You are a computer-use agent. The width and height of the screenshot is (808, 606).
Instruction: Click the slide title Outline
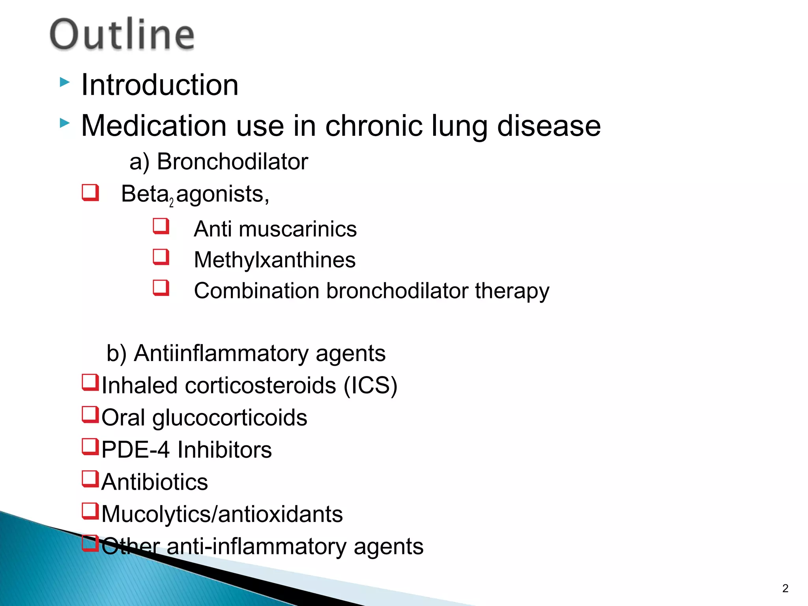[122, 34]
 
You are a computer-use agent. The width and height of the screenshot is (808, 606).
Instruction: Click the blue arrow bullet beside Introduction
[65, 82]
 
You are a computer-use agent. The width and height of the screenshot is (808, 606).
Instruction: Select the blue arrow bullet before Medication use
[65, 123]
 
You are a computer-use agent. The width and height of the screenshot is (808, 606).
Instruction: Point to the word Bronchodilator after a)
[232, 162]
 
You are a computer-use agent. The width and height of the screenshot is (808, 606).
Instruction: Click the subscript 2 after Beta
[171, 203]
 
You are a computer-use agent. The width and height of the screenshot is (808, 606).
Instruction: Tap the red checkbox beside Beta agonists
[90, 193]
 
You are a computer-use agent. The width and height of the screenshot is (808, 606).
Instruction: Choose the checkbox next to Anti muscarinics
[161, 226]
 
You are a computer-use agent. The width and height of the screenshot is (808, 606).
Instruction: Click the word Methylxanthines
[275, 260]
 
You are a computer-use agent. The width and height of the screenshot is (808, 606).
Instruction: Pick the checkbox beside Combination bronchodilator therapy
[161, 288]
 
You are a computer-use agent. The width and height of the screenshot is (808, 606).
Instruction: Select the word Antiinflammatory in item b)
[221, 353]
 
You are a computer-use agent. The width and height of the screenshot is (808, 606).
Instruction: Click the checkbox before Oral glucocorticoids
[90, 415]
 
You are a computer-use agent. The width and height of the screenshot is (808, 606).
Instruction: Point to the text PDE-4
[135, 450]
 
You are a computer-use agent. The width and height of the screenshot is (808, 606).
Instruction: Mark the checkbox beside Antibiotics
[90, 479]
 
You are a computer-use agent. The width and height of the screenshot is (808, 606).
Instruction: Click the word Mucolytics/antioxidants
[222, 514]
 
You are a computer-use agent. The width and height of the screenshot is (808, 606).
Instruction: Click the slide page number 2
[785, 588]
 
